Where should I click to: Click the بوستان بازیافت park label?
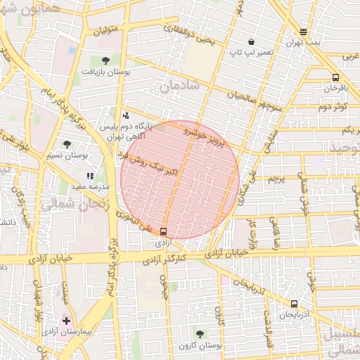[105, 72]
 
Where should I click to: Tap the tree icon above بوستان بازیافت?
[105, 60]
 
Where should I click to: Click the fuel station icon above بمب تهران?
[303, 32]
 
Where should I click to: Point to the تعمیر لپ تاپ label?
[248, 53]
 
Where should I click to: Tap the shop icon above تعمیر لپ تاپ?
[251, 41]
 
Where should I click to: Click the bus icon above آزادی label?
[164, 231]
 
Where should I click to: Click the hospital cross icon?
[67, 321]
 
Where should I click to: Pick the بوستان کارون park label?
[200, 346]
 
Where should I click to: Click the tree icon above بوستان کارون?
[200, 334]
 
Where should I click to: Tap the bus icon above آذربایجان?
[294, 304]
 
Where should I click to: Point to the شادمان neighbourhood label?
[180, 85]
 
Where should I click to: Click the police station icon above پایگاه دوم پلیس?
[126, 115]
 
